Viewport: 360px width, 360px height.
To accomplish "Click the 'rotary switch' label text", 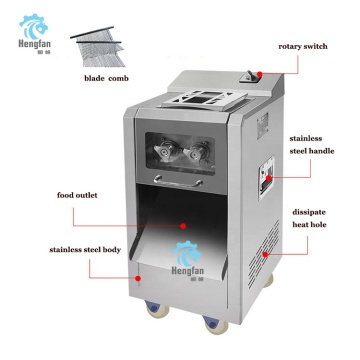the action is [303, 47].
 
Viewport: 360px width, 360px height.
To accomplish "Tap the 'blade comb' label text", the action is [106, 79].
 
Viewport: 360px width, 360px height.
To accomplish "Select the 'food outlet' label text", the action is [77, 195].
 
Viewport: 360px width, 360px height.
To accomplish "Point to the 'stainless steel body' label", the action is [85, 250].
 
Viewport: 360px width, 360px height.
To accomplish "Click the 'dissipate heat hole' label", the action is [309, 218].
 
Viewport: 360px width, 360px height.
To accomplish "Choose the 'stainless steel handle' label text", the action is [312, 145].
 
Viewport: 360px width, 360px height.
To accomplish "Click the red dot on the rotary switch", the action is [259, 75].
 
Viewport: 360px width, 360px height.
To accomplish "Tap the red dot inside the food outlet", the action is [183, 226].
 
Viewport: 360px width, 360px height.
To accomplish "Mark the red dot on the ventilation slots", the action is [265, 254].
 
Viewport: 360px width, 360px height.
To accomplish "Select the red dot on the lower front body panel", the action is [138, 278].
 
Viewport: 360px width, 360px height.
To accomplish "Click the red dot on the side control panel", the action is [268, 178].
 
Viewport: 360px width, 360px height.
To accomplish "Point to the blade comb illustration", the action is [98, 47].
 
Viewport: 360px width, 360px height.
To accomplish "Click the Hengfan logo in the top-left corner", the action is [34, 34].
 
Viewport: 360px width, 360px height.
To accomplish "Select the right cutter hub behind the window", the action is [196, 151].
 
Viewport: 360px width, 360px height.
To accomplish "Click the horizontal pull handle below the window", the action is [178, 181].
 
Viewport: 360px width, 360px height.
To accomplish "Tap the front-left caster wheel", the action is [157, 308].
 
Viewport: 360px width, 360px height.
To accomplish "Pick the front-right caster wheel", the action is [216, 324].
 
